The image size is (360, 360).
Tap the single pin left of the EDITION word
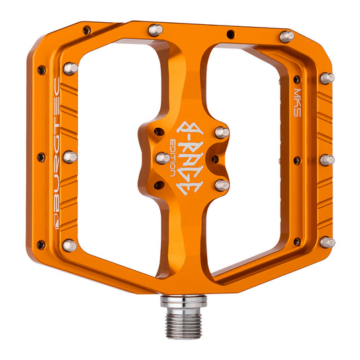point(163,157)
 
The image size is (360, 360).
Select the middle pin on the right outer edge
point(326,159)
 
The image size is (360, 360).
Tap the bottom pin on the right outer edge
point(326,241)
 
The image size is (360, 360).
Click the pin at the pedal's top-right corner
point(286,36)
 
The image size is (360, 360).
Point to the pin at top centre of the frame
point(155,30)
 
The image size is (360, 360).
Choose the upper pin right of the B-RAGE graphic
point(221,133)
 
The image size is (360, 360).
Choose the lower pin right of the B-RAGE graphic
point(221,184)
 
